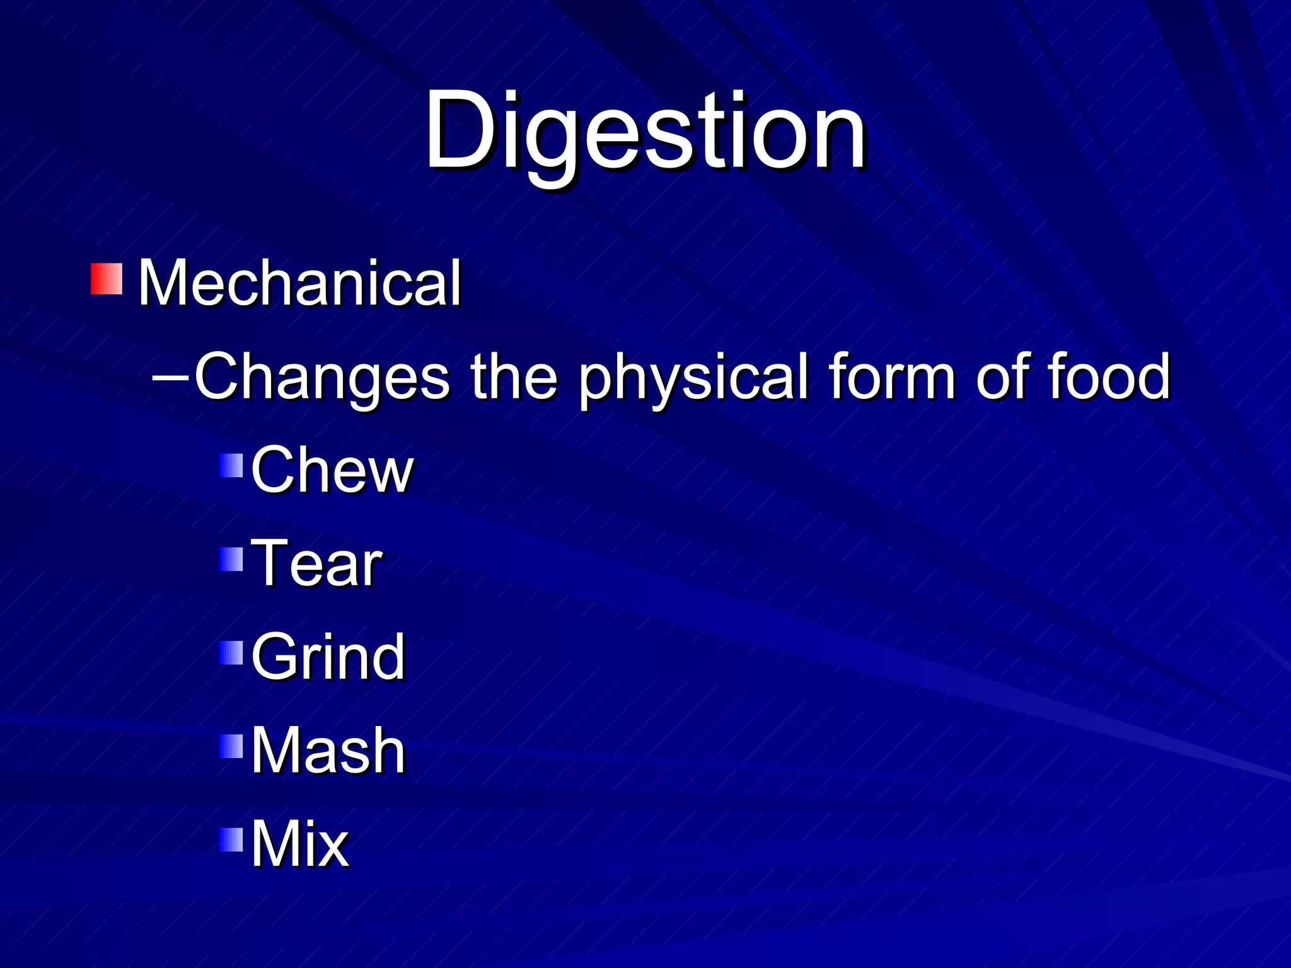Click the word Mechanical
coord(299,284)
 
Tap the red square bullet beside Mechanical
coord(106,279)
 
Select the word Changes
coord(321,377)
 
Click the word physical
coord(693,378)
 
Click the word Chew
coord(332,470)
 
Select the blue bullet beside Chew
coord(231,466)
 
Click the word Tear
coord(316,563)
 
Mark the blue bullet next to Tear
coord(231,559)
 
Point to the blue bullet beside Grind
coord(231,653)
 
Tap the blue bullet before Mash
coord(231,746)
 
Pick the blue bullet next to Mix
coord(231,839)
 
